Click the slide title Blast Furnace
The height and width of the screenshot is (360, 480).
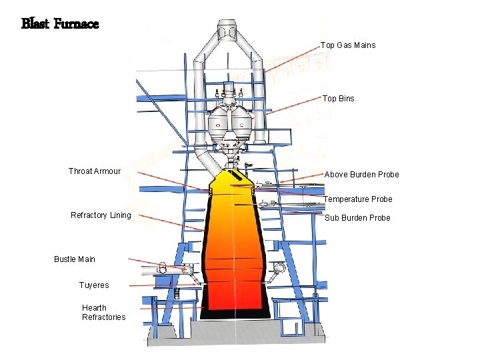point(60,25)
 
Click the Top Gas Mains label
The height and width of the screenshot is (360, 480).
point(347,45)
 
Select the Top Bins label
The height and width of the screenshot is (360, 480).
point(338,99)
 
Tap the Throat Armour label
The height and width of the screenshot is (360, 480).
point(94,171)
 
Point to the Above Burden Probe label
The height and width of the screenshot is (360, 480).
point(361,175)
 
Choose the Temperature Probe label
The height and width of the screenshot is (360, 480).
point(357,199)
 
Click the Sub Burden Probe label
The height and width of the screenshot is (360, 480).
point(357,218)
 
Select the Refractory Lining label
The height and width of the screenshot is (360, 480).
point(101,215)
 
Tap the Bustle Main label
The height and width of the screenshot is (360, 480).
point(75,259)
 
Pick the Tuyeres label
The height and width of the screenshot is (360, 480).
point(94,285)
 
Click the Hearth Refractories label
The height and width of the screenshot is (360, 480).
point(103,313)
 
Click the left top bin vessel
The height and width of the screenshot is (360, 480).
point(219,122)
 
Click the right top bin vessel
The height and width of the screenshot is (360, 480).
point(241,122)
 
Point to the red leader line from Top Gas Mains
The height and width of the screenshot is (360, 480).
point(293,59)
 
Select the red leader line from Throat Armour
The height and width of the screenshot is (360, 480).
point(173,181)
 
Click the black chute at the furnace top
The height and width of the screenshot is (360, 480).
point(236,177)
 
